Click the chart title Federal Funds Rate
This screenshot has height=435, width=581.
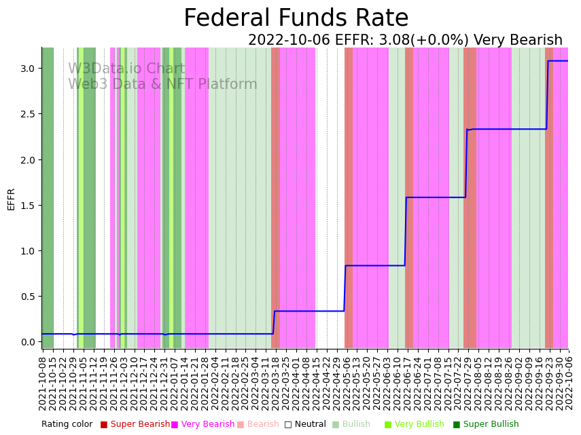pyautogui.click(x=296, y=18)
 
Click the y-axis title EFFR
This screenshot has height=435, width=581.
pyautogui.click(x=11, y=199)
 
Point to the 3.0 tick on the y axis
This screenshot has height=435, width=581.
pyautogui.click(x=27, y=69)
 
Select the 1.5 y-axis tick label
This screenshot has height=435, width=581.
pyautogui.click(x=27, y=206)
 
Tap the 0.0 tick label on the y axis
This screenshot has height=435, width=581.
pyautogui.click(x=27, y=342)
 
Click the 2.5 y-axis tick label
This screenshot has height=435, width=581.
pyautogui.click(x=27, y=114)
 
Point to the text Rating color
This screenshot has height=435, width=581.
pyautogui.click(x=67, y=424)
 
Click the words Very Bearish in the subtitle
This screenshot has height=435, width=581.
pyautogui.click(x=518, y=41)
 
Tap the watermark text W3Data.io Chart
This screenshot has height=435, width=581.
pyautogui.click(x=126, y=69)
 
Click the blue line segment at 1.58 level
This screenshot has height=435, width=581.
pyautogui.click(x=435, y=197)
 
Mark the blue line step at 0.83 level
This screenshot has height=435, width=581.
pyautogui.click(x=374, y=265)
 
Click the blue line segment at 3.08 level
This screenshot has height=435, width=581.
pyautogui.click(x=557, y=61)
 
